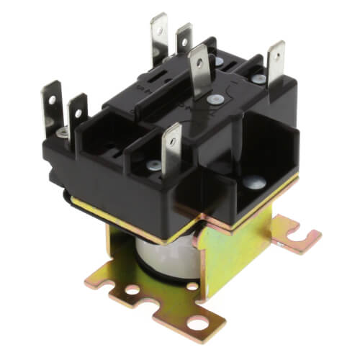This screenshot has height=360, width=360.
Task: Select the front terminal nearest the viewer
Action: [x=171, y=148]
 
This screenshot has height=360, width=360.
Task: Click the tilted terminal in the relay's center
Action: [x=201, y=71]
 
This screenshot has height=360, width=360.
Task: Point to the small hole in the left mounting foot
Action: [x=133, y=290]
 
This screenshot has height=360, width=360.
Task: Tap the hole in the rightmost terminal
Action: [x=276, y=55]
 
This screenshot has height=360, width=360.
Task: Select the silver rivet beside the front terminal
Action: [x=152, y=165]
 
